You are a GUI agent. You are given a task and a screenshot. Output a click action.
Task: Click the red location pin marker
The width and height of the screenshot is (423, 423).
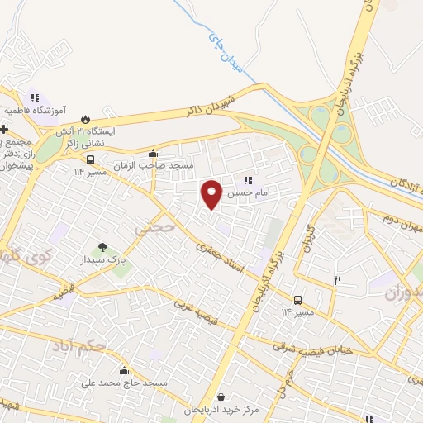click(211, 193)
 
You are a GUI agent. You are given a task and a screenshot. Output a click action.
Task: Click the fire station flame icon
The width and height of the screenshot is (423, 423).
click(85, 117)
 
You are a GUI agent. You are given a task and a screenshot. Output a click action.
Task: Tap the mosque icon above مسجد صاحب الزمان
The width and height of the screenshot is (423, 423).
click(153, 153)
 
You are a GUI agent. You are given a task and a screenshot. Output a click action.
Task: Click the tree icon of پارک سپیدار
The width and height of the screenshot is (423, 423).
click(102, 246)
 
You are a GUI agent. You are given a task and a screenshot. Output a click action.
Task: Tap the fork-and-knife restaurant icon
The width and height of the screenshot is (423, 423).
click(337, 281)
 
